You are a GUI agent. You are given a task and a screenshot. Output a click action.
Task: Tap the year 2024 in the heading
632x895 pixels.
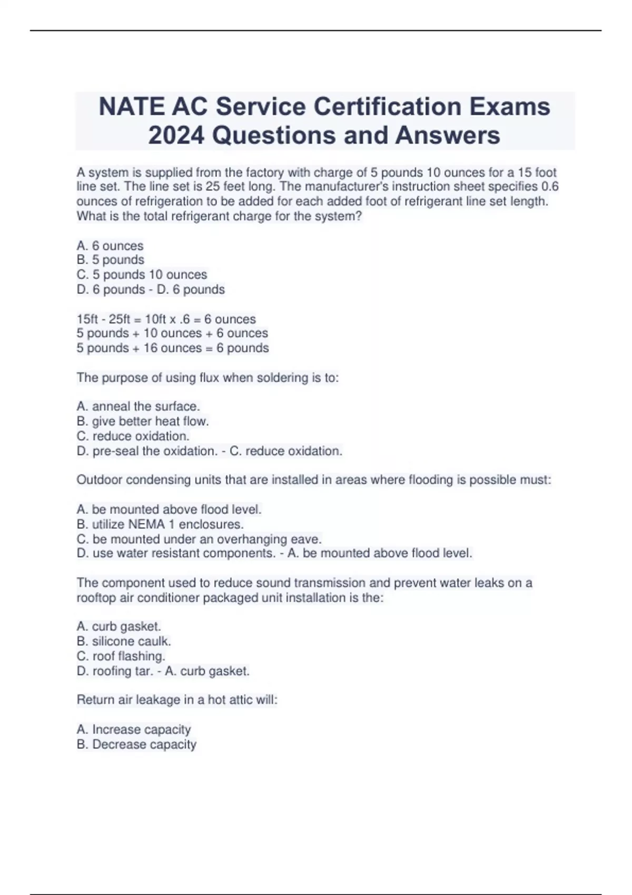click(x=176, y=135)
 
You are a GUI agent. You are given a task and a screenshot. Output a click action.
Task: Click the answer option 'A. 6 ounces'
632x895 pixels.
click(x=110, y=246)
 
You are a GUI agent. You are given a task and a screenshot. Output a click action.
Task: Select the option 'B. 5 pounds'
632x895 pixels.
click(x=110, y=260)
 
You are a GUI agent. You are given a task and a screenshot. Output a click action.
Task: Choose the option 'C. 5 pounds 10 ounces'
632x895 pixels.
click(x=142, y=275)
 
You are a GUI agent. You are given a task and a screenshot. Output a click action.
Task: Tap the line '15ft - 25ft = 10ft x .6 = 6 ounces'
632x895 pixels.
click(x=166, y=319)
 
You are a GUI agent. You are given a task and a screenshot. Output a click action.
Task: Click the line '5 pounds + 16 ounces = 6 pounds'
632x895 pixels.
click(x=172, y=348)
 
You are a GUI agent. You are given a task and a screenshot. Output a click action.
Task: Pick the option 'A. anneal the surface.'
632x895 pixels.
click(x=138, y=406)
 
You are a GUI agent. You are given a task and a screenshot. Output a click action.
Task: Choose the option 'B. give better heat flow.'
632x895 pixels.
click(x=143, y=421)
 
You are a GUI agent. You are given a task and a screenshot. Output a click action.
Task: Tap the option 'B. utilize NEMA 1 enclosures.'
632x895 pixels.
click(x=160, y=524)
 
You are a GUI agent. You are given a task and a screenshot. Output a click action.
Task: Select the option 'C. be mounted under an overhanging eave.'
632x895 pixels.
click(x=199, y=539)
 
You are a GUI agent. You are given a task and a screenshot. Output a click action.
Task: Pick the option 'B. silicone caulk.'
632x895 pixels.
click(x=124, y=641)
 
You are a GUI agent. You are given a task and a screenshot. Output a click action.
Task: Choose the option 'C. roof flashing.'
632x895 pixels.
click(x=121, y=656)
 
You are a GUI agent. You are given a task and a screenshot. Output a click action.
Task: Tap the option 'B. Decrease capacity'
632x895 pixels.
click(x=136, y=744)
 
